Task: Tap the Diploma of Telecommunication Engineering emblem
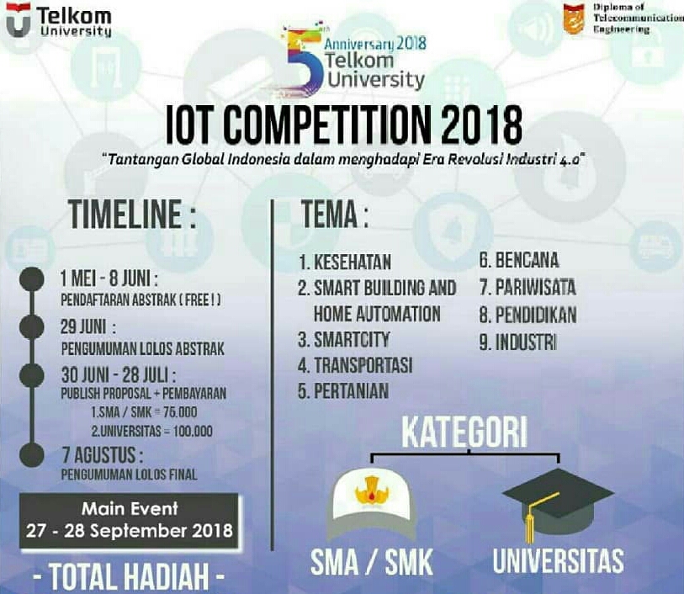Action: point(574,19)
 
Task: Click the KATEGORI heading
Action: point(464,432)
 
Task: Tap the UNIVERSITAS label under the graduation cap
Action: point(558,561)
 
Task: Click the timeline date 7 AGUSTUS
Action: point(102,456)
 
